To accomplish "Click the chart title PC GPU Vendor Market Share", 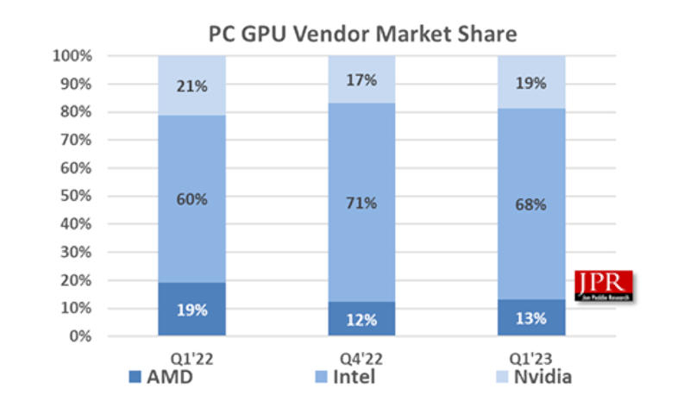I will click(x=362, y=34).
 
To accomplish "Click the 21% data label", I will click(x=191, y=85).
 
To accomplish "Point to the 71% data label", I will click(x=361, y=204).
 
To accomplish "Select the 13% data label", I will click(x=531, y=319).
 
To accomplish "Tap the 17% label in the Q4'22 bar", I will click(x=361, y=80).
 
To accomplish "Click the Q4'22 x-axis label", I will click(x=361, y=358).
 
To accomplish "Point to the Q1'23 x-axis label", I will click(x=531, y=358).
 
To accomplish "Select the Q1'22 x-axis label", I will click(x=191, y=358).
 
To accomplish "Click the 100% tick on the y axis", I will click(x=75, y=56).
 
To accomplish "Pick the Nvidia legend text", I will click(x=543, y=377).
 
